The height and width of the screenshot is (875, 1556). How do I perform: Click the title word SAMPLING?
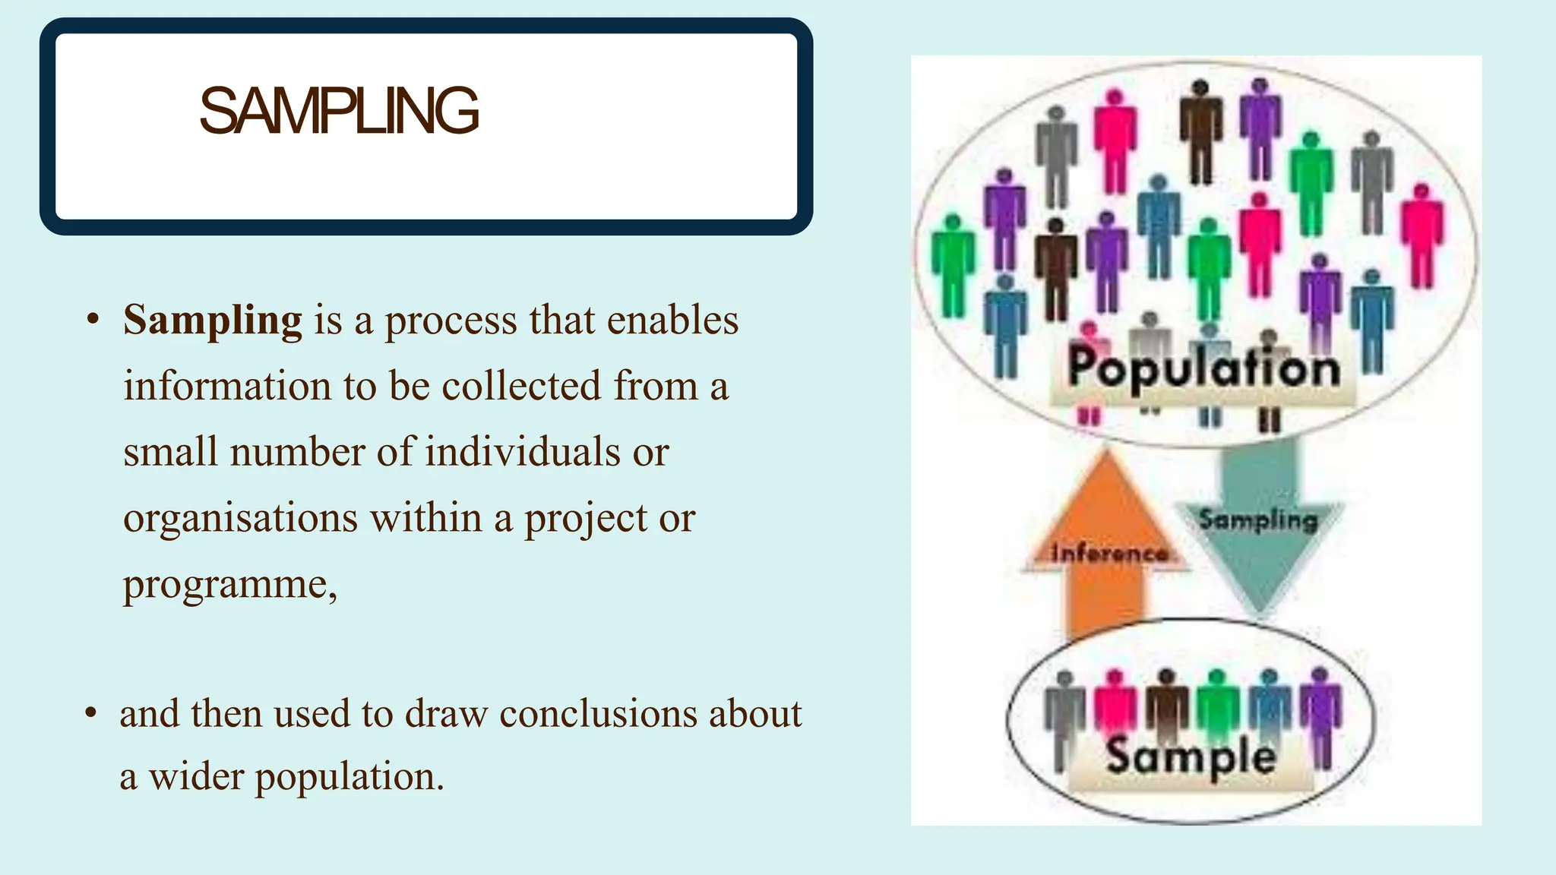point(339,111)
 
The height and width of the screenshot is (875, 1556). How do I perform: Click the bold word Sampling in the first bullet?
point(213,320)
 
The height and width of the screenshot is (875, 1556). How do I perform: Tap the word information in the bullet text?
point(227,386)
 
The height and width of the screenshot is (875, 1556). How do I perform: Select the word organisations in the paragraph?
point(240,519)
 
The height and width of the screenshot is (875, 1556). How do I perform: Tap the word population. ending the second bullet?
point(349,777)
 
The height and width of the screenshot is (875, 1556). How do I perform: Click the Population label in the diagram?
point(1203,369)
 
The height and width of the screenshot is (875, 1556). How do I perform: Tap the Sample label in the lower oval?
point(1191,756)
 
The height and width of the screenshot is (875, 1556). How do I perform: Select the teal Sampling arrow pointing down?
point(1259,532)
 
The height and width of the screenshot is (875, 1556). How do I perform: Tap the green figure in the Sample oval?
point(1217,703)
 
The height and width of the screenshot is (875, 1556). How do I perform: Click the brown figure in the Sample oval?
point(1166,703)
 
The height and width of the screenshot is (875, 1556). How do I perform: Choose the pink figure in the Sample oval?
point(1115,703)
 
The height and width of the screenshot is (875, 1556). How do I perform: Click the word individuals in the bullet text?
point(522,452)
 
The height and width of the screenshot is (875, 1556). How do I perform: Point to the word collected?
point(521,386)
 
